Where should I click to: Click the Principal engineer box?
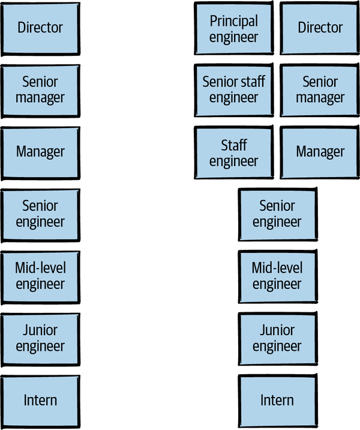coord(233,28)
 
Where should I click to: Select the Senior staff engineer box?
coord(233,90)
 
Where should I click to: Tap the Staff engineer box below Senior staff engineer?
coord(233,153)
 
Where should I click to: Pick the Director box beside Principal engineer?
coord(320,28)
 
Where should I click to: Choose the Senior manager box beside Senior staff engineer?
coord(320,90)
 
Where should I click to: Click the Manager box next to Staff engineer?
coord(320,153)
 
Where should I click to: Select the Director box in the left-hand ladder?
coord(40,28)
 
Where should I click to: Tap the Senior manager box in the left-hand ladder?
coord(40,90)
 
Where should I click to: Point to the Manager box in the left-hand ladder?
coord(40,153)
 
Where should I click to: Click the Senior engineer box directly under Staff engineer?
coord(277,214)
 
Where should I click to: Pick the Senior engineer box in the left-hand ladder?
coord(40,214)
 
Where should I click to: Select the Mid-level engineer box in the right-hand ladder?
coord(277,276)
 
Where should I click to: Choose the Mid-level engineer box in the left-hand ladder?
coord(40,276)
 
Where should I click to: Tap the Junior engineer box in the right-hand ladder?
coord(277,339)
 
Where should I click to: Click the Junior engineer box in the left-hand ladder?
coord(40,339)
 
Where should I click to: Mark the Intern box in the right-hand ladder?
coord(277,401)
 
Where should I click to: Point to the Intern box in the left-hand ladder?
coord(40,401)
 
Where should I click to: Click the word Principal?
coord(233,22)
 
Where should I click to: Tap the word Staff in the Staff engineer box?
coord(233,145)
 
